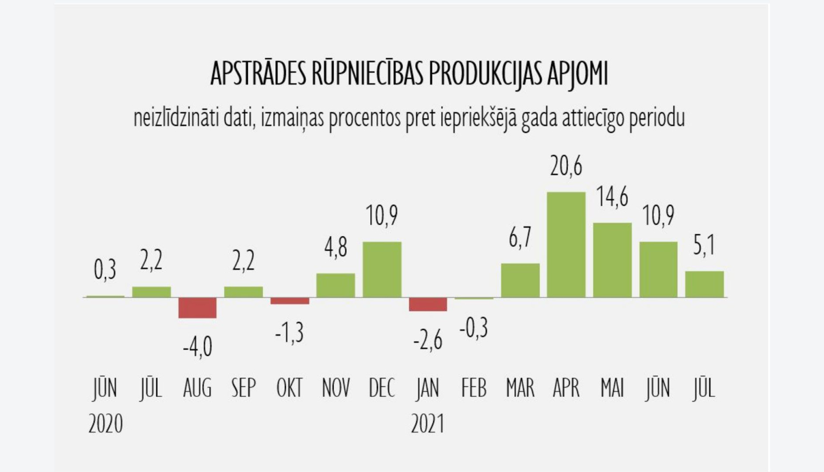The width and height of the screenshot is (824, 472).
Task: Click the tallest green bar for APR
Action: coord(566,245)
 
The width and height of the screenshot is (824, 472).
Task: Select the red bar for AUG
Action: coord(197,308)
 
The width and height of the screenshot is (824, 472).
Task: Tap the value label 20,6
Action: coord(566,166)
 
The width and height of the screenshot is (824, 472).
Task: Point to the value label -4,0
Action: coord(197,347)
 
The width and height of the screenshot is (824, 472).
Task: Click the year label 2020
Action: coord(105,424)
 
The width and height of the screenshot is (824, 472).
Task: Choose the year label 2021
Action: coord(427,424)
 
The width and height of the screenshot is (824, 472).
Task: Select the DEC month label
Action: coord(382,389)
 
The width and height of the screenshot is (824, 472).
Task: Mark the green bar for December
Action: coord(382,269)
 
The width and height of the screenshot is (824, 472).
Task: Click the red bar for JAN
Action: coord(428,305)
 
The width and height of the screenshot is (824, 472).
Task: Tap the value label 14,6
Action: coord(612,197)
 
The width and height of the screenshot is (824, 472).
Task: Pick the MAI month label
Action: coord(612,389)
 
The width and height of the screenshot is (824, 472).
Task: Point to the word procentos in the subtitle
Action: coord(364,118)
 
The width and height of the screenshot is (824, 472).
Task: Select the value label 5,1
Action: coord(704,245)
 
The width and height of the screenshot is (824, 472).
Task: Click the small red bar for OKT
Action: coord(289,301)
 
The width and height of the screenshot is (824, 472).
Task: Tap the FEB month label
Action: coord(474,389)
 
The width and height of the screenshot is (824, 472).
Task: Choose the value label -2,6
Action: coord(428,341)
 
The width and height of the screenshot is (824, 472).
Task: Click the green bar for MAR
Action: coord(520,280)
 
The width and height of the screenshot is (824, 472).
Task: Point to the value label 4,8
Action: coord(336,248)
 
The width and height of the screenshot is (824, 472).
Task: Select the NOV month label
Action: coord(336,389)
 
